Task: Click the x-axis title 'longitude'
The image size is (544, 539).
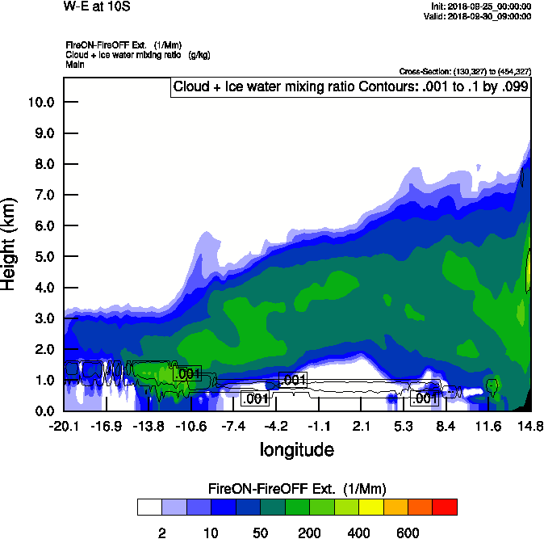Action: [296, 449]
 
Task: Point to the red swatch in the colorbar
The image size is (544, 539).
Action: [445, 507]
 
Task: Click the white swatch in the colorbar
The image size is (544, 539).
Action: [149, 507]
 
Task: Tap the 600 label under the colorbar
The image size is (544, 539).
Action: [408, 533]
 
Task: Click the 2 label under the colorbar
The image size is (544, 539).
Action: [161, 533]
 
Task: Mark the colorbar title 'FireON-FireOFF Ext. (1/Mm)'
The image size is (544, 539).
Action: [297, 489]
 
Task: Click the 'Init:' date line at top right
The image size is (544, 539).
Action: [482, 6]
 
